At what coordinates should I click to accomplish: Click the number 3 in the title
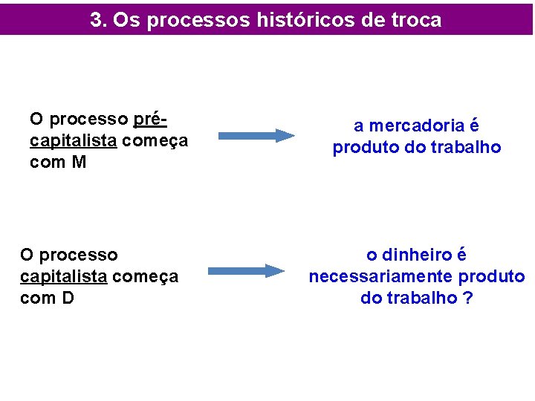tap(96, 20)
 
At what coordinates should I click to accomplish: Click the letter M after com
tap(79, 162)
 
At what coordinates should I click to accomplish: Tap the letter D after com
tap(67, 298)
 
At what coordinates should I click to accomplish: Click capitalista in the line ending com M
tap(73, 140)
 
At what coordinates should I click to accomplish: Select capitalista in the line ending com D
tap(63, 276)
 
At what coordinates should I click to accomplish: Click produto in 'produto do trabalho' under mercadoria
tap(361, 148)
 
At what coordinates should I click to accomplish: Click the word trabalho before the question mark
tap(425, 298)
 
